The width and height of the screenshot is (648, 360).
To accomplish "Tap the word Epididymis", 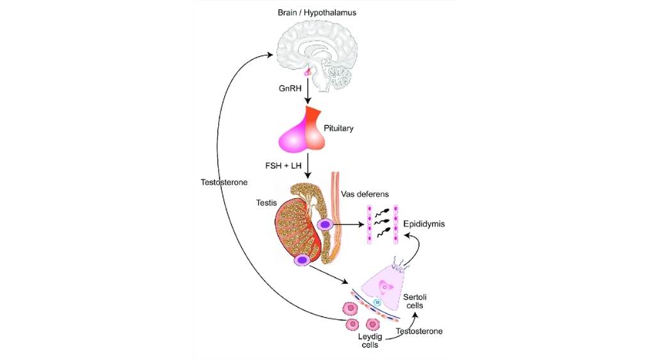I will click(x=424, y=224).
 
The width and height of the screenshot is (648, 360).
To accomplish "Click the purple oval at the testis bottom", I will click(x=302, y=260).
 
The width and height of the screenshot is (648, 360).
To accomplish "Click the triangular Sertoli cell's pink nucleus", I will click(x=386, y=285).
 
